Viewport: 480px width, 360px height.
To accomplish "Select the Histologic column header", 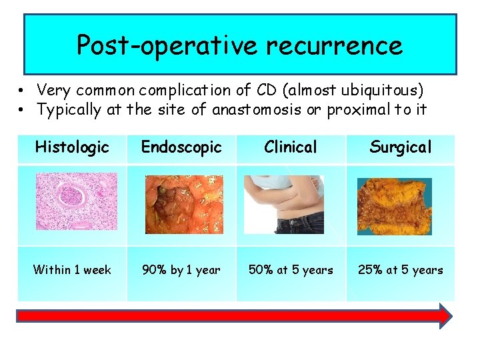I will click(72, 147).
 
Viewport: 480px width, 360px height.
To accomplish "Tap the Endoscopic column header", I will click(181, 147).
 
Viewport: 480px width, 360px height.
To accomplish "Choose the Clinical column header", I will click(290, 147).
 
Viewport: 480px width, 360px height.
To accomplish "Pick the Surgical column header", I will click(400, 147).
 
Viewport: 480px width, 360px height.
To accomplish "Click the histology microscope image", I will click(76, 201).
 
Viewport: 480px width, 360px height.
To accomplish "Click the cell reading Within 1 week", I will click(72, 270).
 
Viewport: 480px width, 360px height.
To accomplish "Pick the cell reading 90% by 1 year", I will click(181, 270).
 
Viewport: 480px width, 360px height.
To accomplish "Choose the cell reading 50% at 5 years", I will click(290, 270).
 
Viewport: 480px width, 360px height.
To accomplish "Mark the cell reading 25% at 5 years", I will click(400, 270).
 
